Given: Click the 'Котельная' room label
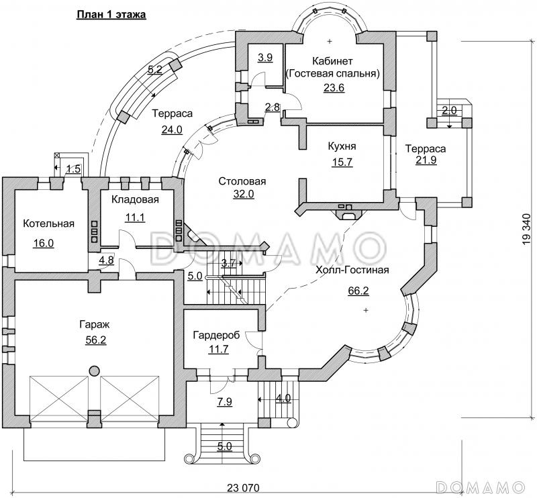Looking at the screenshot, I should pos(48,223).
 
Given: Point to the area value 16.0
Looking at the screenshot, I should pos(43,243).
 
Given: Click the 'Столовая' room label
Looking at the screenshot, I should pos(242,181).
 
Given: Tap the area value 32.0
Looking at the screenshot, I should pos(242,195).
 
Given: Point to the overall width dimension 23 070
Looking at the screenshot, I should pos(239,487).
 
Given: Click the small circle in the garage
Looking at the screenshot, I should pos(92,370).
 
